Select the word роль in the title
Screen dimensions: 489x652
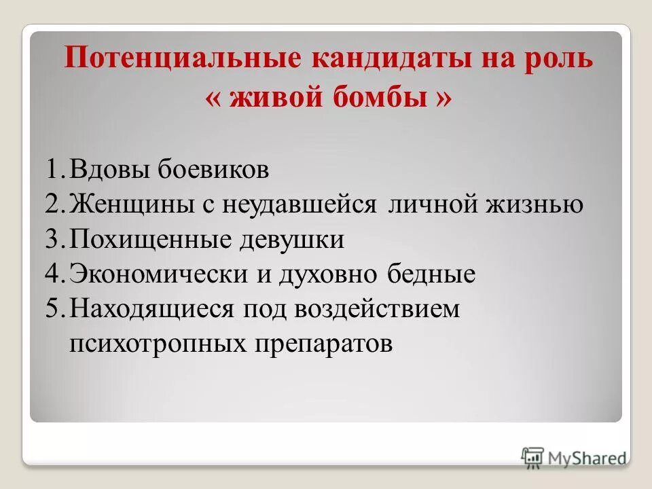click(x=560, y=59)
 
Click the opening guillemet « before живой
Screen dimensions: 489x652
click(x=215, y=99)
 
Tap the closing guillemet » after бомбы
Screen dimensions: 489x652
click(x=442, y=99)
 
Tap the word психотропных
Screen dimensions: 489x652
click(x=157, y=344)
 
